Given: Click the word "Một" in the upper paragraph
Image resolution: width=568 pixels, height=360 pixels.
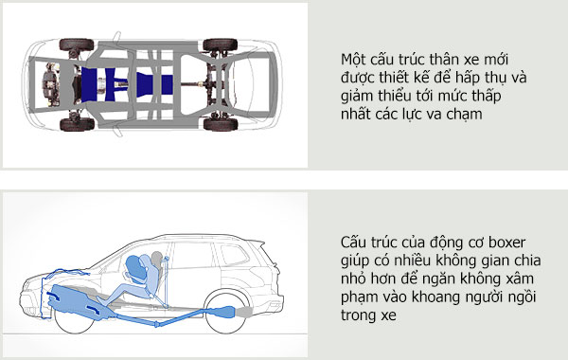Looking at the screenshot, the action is click(x=354, y=59).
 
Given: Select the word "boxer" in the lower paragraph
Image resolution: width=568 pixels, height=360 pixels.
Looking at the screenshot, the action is click(x=506, y=243).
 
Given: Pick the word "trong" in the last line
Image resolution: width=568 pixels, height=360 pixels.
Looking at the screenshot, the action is click(x=358, y=316).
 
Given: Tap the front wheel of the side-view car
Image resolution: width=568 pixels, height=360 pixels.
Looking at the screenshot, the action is click(x=74, y=319).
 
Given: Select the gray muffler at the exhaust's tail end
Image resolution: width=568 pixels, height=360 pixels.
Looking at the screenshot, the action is click(x=244, y=313).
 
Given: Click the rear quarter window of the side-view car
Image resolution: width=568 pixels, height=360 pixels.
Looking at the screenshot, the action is click(x=235, y=255).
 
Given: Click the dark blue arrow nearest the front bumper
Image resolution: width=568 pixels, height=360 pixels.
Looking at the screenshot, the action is click(x=53, y=296).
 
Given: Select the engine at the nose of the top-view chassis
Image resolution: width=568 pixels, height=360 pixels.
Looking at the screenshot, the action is click(x=51, y=84).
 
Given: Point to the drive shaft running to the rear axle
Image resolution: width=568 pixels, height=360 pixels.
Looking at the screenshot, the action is click(x=193, y=84).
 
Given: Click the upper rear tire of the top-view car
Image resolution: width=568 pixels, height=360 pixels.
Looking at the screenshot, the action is click(x=221, y=45).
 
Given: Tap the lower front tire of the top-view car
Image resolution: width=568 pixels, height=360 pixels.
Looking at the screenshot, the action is click(x=77, y=124).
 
